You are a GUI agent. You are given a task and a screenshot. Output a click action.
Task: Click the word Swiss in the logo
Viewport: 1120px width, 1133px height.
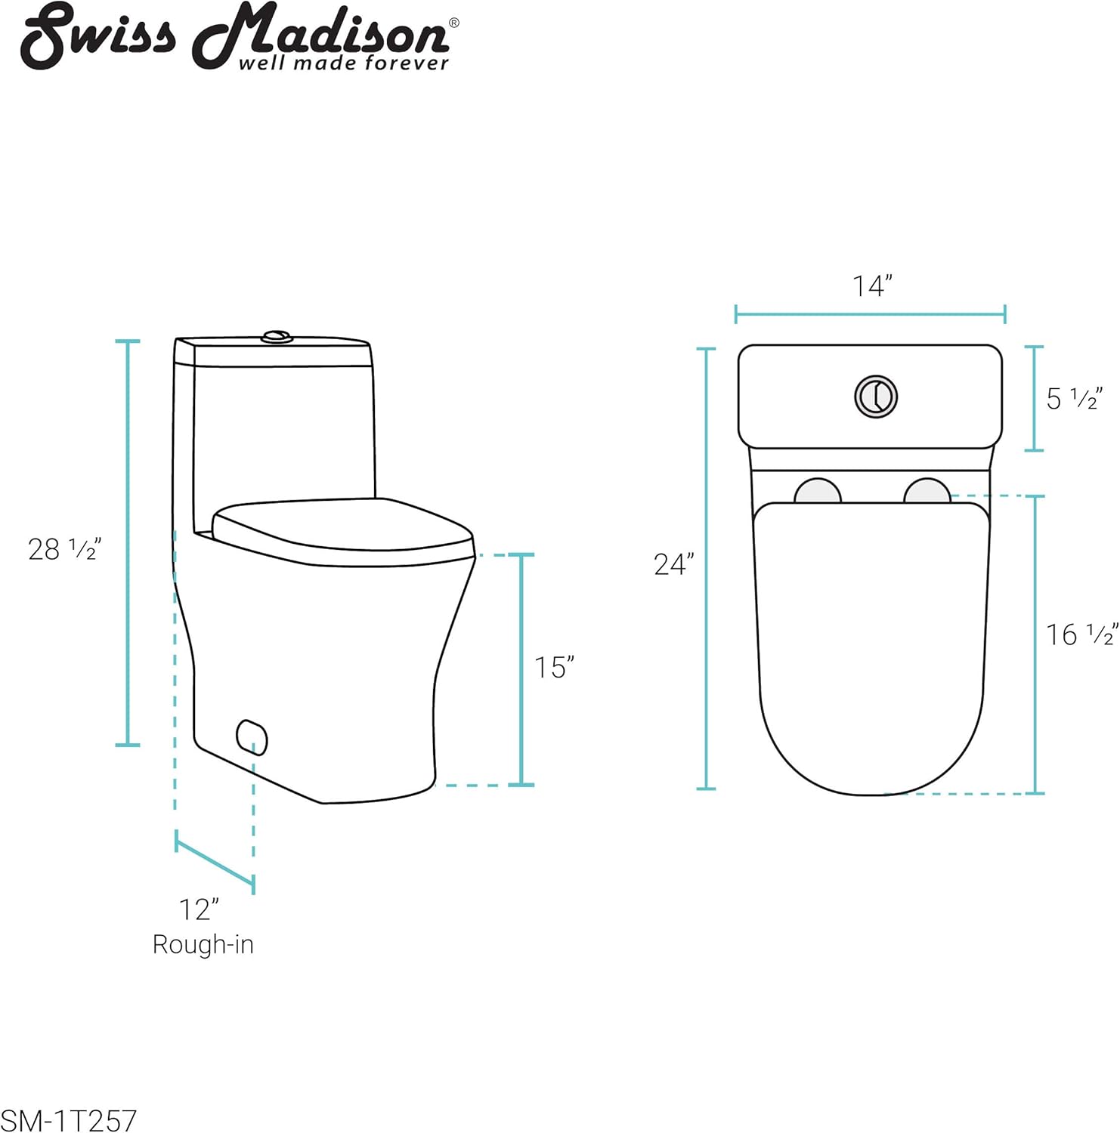tap(98, 35)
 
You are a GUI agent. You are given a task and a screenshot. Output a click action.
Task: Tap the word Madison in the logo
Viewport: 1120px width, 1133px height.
tap(320, 33)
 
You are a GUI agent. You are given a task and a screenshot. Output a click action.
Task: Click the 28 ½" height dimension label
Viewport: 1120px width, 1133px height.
tap(64, 548)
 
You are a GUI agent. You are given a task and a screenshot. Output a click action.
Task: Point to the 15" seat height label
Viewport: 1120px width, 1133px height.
tap(554, 667)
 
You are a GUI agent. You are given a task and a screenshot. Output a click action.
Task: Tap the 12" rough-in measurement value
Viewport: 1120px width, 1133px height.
tap(200, 909)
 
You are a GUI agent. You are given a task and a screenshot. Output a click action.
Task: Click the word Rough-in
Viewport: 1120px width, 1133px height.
tap(203, 945)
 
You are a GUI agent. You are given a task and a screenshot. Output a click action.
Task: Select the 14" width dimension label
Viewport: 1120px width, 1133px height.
tap(872, 286)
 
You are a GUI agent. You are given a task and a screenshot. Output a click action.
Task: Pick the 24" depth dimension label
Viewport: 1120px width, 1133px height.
tap(673, 563)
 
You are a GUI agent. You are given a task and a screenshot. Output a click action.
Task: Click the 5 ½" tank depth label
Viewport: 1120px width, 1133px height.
tap(1074, 398)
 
